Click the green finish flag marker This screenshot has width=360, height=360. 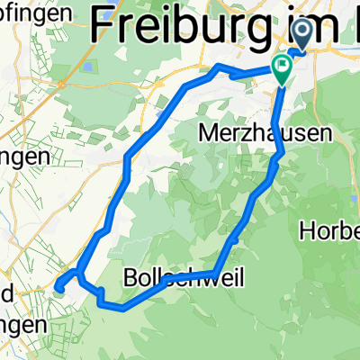(283, 67)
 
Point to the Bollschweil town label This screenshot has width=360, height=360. (176, 274)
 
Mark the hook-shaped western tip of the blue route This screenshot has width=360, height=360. (58, 286)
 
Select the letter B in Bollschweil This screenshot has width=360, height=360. (129, 274)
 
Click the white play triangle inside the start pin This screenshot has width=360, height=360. (302, 34)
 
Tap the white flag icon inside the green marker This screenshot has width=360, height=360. (283, 64)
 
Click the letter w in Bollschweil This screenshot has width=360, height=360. (193, 274)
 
